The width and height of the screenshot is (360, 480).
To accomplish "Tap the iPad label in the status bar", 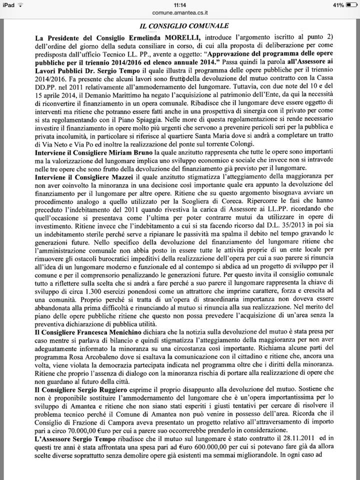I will point(9,4).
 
